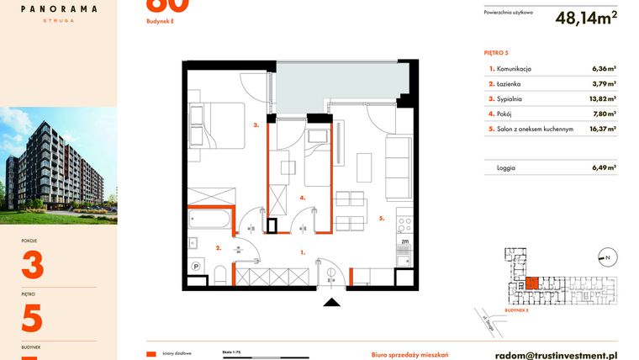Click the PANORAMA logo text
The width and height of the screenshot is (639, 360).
58,9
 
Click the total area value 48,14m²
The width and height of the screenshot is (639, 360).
586,18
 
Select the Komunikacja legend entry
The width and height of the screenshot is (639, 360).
514,69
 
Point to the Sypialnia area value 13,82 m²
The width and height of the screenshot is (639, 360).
603,99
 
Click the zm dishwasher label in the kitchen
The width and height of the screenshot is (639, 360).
404,241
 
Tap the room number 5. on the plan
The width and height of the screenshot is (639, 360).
381,218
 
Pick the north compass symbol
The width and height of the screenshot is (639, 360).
605,257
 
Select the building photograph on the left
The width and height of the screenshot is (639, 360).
58,165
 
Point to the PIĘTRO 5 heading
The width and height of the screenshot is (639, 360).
498,52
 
